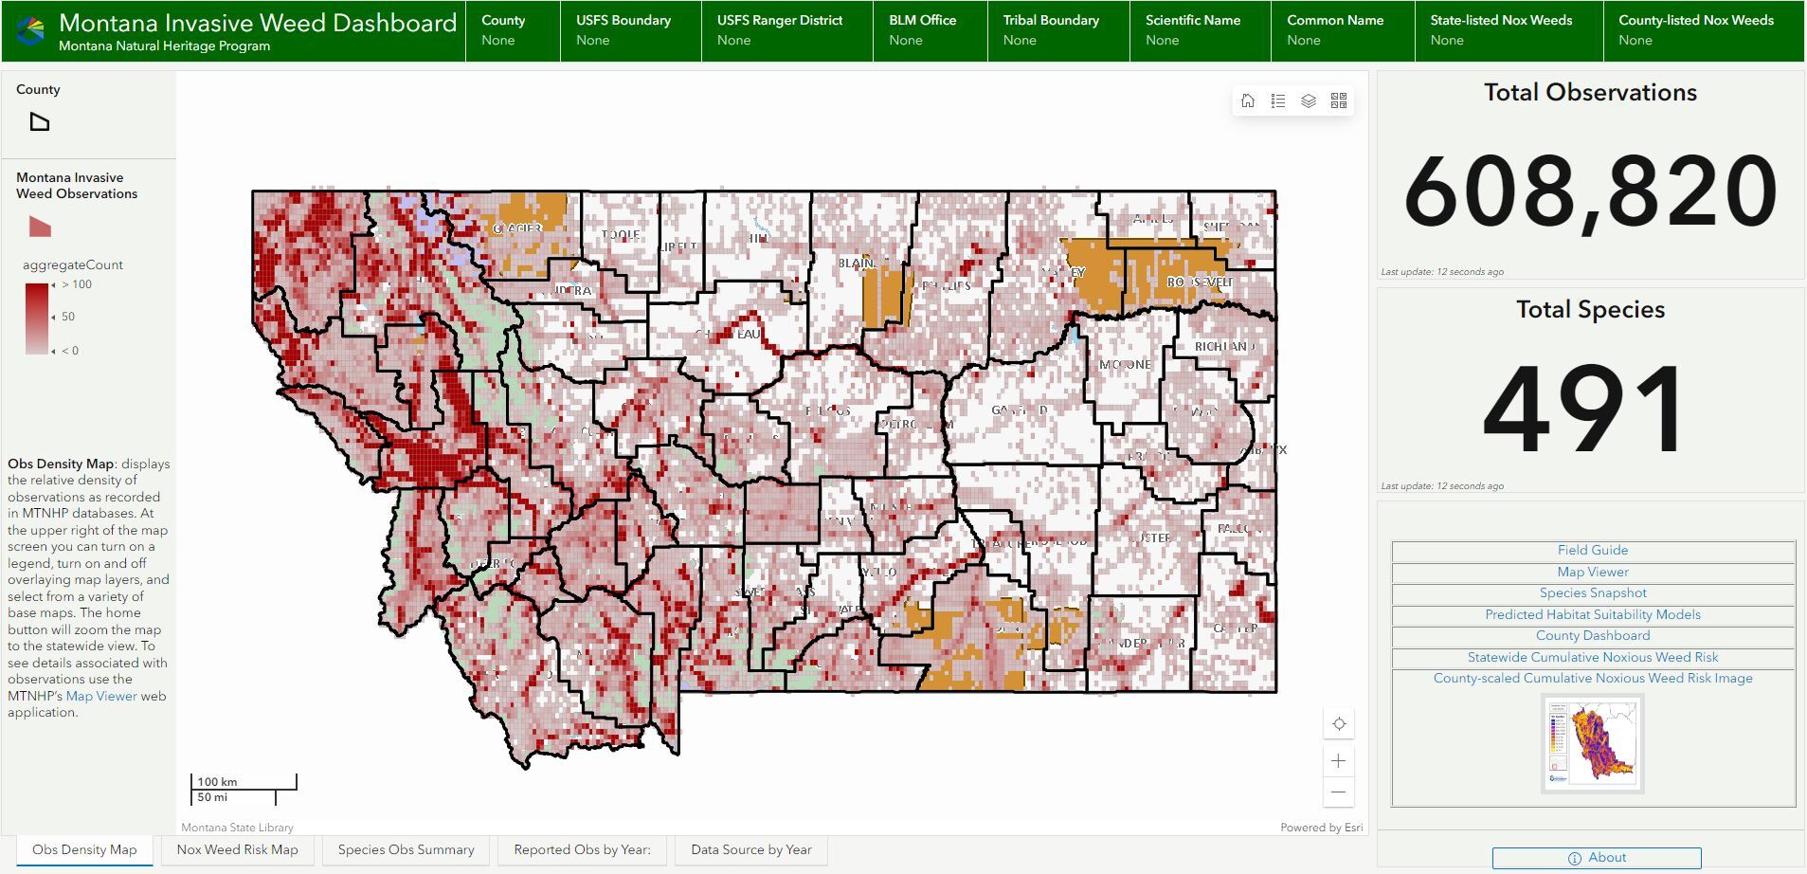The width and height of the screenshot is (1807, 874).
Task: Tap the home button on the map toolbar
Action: coord(1248,100)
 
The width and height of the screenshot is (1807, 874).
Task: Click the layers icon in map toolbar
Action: coord(1309,100)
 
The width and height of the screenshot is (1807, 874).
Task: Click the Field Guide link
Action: coord(1592,550)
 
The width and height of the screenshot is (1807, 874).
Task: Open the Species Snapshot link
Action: coord(1592,593)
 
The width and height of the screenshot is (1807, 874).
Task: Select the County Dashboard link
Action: coord(1592,636)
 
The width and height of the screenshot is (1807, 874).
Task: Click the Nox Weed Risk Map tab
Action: coord(237,849)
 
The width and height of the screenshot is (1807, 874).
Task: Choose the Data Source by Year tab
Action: coord(750,849)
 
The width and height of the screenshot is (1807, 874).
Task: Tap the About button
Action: coord(1597,857)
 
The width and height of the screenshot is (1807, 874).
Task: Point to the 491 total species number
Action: coord(1585,410)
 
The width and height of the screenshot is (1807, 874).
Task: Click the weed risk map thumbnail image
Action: coord(1592,743)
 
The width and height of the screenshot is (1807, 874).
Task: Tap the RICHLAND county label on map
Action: coord(1224,347)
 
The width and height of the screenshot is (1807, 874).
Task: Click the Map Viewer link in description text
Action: coord(101,696)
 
